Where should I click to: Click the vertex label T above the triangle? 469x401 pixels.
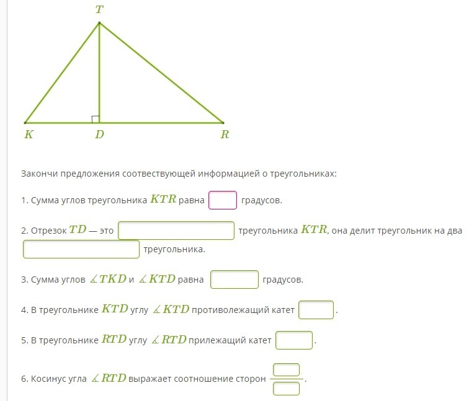pyautogui.click(x=99, y=10)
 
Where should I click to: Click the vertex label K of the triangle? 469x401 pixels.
pyautogui.click(x=29, y=134)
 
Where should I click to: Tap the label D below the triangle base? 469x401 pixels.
pyautogui.click(x=99, y=134)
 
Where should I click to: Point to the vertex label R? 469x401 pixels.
pyautogui.click(x=225, y=134)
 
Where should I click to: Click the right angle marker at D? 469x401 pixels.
pyautogui.click(x=96, y=119)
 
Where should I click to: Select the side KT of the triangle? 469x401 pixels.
pyautogui.click(x=62, y=73)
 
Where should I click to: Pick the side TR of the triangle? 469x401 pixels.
pyautogui.click(x=161, y=73)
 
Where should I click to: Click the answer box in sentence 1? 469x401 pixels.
pyautogui.click(x=223, y=201)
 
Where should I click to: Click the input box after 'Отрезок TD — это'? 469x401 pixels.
pyautogui.click(x=176, y=231)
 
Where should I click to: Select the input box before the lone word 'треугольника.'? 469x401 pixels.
pyautogui.click(x=81, y=249)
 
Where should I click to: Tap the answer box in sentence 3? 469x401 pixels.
pyautogui.click(x=234, y=280)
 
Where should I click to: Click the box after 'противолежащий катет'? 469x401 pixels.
pyautogui.click(x=316, y=310)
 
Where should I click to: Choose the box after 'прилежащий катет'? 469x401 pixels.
pyautogui.click(x=294, y=340)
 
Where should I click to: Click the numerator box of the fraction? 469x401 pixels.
pyautogui.click(x=286, y=369)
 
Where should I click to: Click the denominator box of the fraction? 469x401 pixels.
pyautogui.click(x=286, y=389)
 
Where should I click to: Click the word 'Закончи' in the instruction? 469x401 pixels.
pyautogui.click(x=38, y=174)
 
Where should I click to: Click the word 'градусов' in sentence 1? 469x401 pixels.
pyautogui.click(x=261, y=201)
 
